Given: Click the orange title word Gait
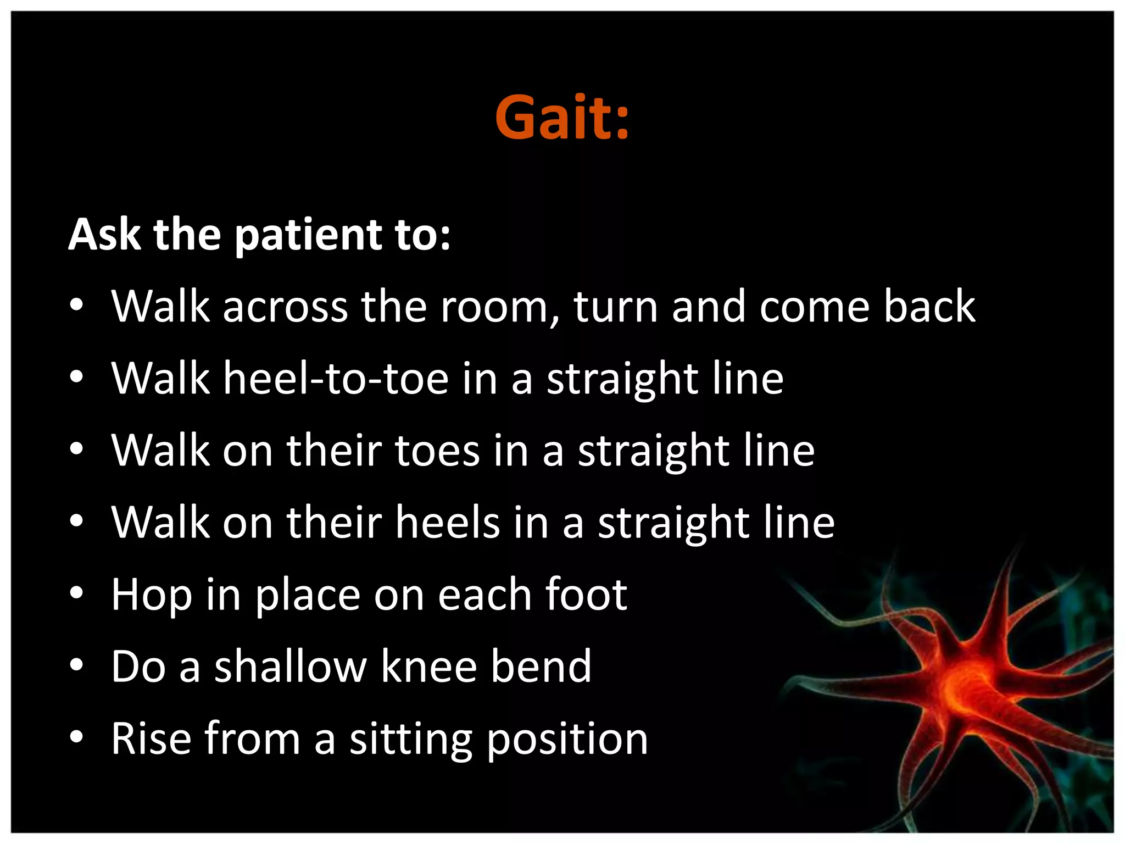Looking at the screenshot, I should click(561, 118).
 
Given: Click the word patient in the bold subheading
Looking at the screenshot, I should click(308, 235).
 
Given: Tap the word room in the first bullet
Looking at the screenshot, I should click(500, 307).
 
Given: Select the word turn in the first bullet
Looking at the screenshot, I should click(615, 307).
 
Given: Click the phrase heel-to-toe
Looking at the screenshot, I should click(336, 379).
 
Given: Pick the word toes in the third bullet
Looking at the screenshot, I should click(437, 451).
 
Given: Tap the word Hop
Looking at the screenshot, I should click(151, 596).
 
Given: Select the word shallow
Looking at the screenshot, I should click(290, 667).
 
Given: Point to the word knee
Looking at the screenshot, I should click(428, 667).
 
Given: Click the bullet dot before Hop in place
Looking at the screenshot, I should click(76, 593).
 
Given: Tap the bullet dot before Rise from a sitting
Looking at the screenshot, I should click(76, 737).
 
